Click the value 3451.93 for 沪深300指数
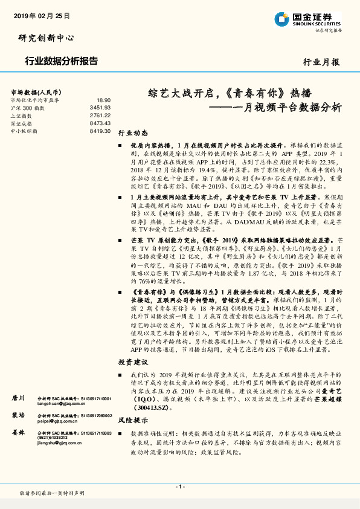(100, 107)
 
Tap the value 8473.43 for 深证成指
(100, 123)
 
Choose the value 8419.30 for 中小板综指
(100, 130)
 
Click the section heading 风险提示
(133, 419)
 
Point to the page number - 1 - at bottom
(179, 487)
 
